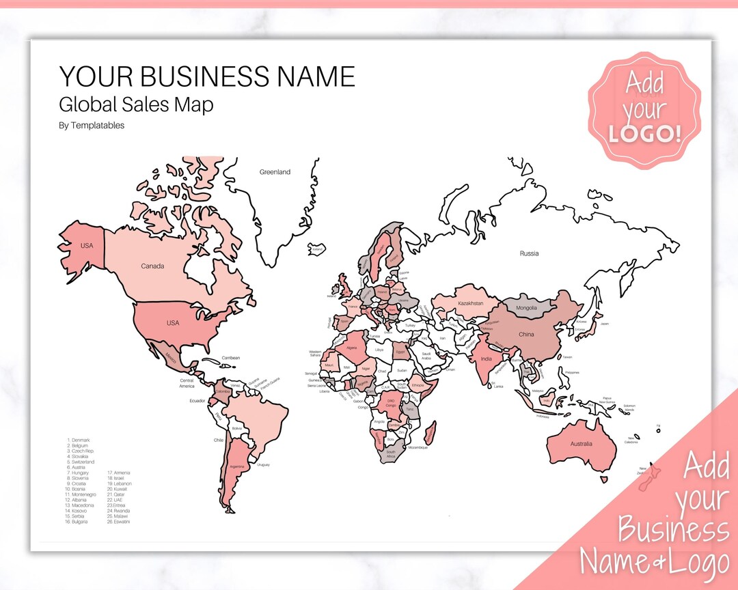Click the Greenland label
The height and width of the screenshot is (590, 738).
click(275, 172)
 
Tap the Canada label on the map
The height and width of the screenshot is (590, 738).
click(152, 266)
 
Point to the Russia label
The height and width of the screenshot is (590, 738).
click(529, 253)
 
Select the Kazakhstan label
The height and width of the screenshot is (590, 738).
click(471, 303)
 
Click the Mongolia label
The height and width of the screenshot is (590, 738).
click(526, 308)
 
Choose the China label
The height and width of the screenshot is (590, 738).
click(526, 335)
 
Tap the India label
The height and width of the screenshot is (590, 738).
click(486, 359)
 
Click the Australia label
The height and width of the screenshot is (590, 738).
click(581, 445)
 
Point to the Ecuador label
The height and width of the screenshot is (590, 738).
click(197, 401)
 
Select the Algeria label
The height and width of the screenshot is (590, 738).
click(353, 348)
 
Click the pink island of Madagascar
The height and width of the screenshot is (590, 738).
click(430, 432)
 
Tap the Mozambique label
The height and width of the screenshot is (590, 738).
click(418, 448)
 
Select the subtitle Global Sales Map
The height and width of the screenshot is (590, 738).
click(136, 105)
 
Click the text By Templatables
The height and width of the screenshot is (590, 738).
click(92, 126)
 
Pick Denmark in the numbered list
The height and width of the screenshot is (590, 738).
click(80, 440)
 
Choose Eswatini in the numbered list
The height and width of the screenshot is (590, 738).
click(118, 522)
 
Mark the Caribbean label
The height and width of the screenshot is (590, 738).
click(231, 358)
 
